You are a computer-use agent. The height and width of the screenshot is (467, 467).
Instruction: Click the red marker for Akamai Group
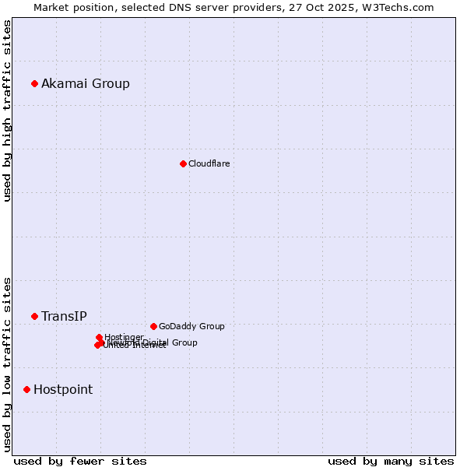point(34,83)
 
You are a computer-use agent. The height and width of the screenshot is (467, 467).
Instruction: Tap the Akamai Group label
point(86,84)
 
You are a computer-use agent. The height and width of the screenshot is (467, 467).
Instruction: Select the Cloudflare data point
point(183,163)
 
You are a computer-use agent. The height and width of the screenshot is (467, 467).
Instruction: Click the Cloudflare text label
point(209,163)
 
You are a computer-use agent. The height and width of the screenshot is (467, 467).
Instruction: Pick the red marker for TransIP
point(34,316)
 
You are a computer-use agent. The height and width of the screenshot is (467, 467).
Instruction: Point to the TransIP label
point(64,317)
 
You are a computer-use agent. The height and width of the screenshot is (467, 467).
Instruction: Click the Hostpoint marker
point(26,389)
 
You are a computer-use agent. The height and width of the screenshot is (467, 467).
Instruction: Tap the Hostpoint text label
point(63,390)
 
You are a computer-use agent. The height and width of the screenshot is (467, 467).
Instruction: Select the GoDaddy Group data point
point(153,326)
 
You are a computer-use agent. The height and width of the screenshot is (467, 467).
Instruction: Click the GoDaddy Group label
point(191,327)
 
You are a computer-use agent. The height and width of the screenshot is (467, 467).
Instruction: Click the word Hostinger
point(124,337)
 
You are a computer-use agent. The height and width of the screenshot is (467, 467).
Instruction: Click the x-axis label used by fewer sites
point(80,461)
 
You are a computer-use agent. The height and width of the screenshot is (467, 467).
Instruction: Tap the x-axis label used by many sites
point(391,461)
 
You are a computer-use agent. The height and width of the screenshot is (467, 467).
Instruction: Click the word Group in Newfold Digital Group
point(185,342)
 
